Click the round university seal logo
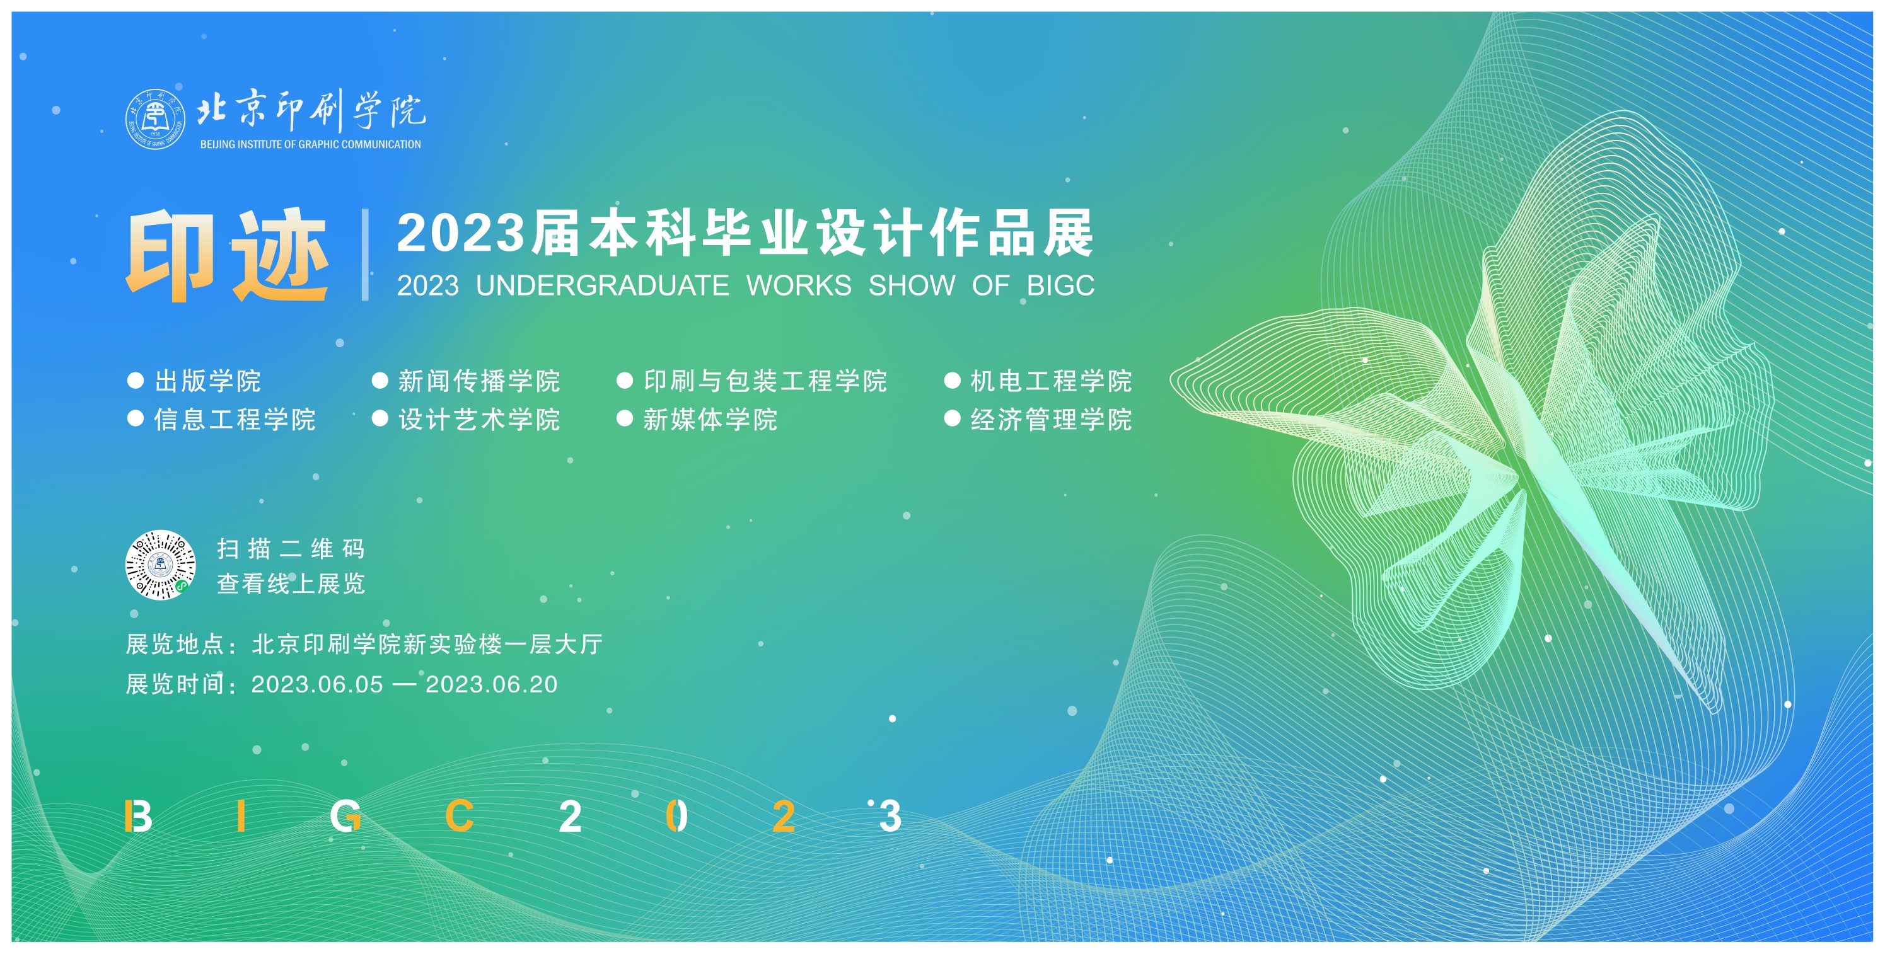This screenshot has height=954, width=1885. [x=154, y=118]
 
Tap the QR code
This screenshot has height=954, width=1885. [x=160, y=565]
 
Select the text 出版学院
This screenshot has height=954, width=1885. [x=208, y=381]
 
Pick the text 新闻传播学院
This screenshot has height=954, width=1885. [x=479, y=381]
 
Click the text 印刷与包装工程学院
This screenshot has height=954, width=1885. [x=765, y=381]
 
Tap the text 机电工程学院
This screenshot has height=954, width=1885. [x=1052, y=381]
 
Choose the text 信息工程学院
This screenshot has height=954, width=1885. [x=235, y=419]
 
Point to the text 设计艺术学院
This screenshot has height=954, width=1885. [x=479, y=419]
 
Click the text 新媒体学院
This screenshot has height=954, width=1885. [x=710, y=419]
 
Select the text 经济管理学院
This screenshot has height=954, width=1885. [x=1052, y=419]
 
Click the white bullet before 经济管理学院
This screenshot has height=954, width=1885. [x=952, y=418]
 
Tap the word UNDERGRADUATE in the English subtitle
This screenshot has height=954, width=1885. [x=602, y=285]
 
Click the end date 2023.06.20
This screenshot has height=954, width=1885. [x=492, y=684]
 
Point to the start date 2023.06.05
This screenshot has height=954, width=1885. [x=317, y=684]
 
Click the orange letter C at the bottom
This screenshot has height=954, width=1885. [x=460, y=816]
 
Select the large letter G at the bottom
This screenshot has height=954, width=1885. [x=345, y=816]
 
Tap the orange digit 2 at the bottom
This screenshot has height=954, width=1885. [x=784, y=816]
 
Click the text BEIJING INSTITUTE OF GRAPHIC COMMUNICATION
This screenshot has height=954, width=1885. [x=311, y=144]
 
